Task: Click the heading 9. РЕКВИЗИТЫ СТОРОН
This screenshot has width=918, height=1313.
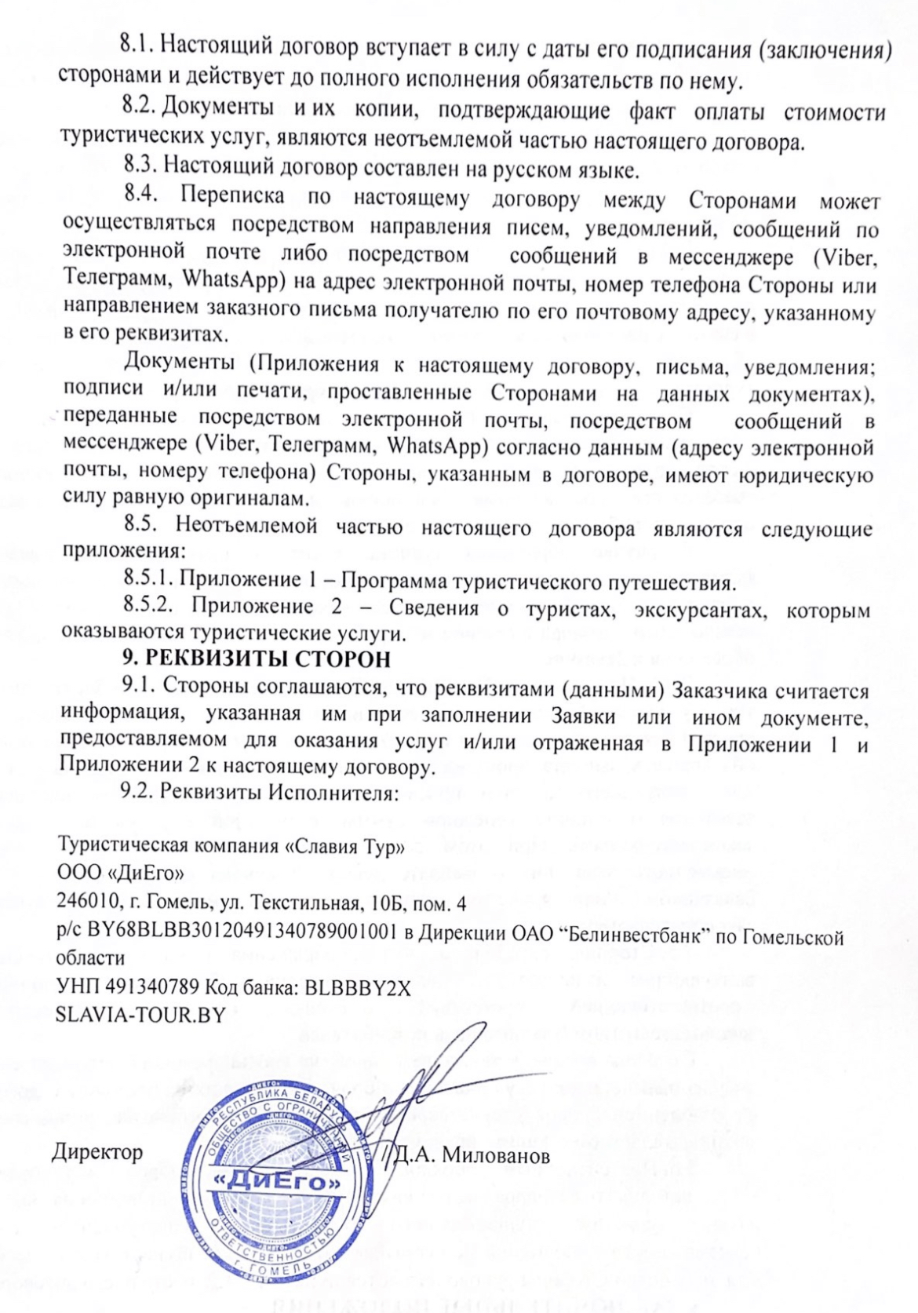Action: [x=257, y=658]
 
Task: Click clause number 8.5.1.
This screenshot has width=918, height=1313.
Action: [x=148, y=578]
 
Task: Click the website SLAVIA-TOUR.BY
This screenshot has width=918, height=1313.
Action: [x=140, y=1014]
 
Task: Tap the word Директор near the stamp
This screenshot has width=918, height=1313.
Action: [x=97, y=1152]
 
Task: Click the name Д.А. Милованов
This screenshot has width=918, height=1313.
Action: [x=471, y=1155]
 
